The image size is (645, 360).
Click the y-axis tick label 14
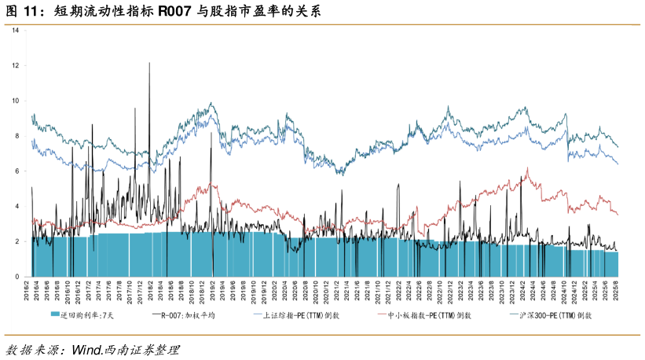click(25, 31)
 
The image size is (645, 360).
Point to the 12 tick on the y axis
click(25, 66)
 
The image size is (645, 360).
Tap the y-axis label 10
click(25, 101)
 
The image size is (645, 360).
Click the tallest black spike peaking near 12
click(149, 63)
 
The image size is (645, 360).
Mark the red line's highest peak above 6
click(527, 168)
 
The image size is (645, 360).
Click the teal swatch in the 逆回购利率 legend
click(55, 315)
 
